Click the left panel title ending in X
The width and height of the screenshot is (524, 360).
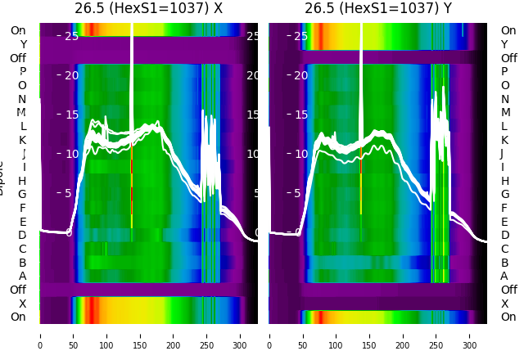point(148,9)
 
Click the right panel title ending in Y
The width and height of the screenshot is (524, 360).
point(378,9)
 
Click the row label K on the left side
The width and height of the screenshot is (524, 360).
point(23,140)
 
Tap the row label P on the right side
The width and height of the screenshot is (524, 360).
point(504,72)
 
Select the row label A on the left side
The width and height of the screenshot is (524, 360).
point(23,276)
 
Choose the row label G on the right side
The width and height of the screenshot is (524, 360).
point(504,195)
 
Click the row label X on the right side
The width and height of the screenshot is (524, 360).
point(504,304)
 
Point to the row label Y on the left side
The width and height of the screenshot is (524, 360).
point(23,44)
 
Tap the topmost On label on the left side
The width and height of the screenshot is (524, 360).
point(18,31)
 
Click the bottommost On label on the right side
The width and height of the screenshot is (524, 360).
point(508,317)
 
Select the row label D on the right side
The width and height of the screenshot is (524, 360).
point(504,236)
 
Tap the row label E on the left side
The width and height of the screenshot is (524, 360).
point(23,222)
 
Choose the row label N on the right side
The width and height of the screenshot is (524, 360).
point(504,99)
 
